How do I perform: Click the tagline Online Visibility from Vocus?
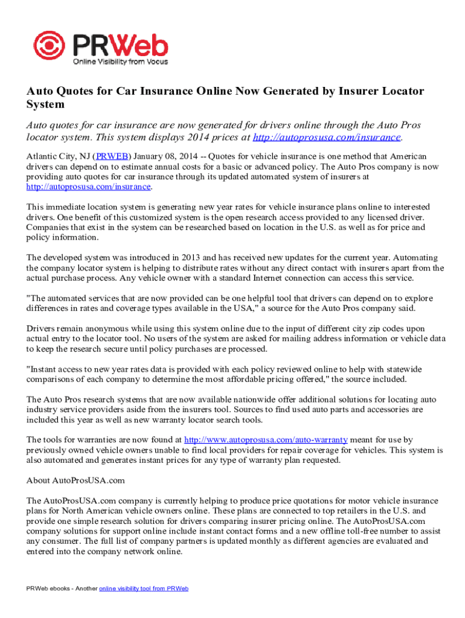click(x=121, y=62)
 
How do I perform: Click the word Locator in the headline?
click(x=402, y=91)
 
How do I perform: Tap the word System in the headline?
click(x=45, y=104)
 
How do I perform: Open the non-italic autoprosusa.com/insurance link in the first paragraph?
click(x=88, y=187)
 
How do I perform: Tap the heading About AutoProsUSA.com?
click(x=75, y=480)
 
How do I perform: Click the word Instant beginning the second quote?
click(x=44, y=369)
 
